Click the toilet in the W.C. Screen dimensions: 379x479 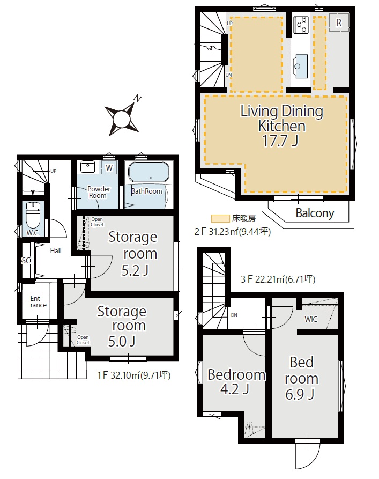pyautogui.click(x=33, y=215)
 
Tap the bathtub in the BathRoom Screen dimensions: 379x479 pyautogui.click(x=148, y=172)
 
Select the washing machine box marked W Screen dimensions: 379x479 pyautogui.click(x=109, y=167)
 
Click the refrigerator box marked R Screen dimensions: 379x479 pyautogui.click(x=339, y=23)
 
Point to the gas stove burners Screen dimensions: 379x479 pyautogui.click(x=301, y=25)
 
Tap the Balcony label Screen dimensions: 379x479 pyautogui.click(x=315, y=213)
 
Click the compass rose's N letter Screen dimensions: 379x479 pyautogui.click(x=138, y=98)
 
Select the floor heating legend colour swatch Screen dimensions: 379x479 pyautogui.click(x=220, y=218)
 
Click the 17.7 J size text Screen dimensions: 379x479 pyautogui.click(x=280, y=141)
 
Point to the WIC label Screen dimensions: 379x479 pyautogui.click(x=311, y=319)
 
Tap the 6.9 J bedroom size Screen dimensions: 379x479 pyautogui.click(x=300, y=394)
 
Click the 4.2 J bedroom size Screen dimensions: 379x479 pyautogui.click(x=235, y=389)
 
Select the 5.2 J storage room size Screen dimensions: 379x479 pyautogui.click(x=135, y=270)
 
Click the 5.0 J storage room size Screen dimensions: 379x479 pyautogui.click(x=122, y=341)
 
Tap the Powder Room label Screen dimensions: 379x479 pyautogui.click(x=98, y=192)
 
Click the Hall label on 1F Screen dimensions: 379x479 pyautogui.click(x=56, y=251)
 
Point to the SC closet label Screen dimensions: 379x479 pyautogui.click(x=26, y=260)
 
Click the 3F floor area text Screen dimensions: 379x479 pyautogui.click(x=278, y=279)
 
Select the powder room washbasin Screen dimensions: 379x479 pyautogui.click(x=88, y=167)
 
